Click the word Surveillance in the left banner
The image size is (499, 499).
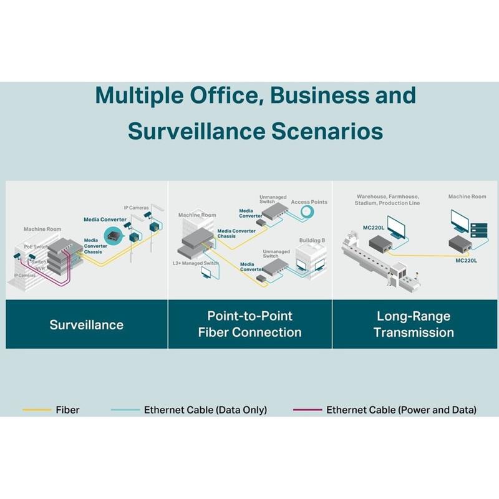pos(87,324)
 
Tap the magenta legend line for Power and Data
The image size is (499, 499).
pos(308,410)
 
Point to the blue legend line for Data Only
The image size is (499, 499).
pos(125,410)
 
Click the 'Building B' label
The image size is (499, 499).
pos(312,240)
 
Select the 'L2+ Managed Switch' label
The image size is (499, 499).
pos(195,263)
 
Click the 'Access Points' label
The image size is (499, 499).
pos(309,202)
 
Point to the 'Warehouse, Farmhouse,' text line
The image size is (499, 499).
pos(387,196)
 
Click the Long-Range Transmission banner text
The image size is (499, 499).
pos(414,324)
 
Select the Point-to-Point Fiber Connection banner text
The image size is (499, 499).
pos(249,324)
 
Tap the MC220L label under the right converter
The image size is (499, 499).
pos(467,260)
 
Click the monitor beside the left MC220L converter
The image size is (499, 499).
pos(395,226)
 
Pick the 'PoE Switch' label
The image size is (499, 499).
pos(36,247)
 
